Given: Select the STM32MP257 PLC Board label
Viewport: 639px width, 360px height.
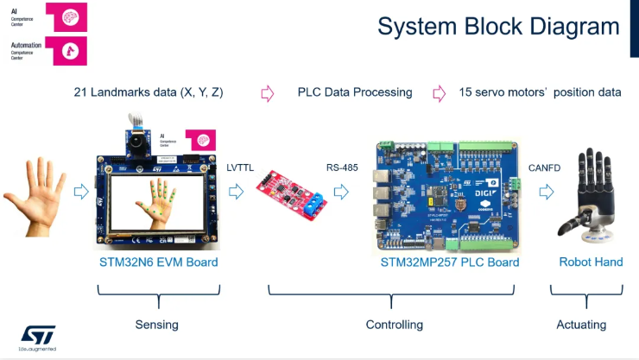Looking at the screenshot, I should click(x=450, y=262).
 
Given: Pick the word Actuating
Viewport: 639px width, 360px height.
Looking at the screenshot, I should click(x=580, y=325).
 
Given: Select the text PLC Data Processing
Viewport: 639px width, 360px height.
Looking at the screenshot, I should click(x=355, y=92).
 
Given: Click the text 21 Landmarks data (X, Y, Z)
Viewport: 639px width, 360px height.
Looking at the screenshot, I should click(x=149, y=92).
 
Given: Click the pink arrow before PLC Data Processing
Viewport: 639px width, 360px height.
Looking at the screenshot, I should click(x=267, y=92).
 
